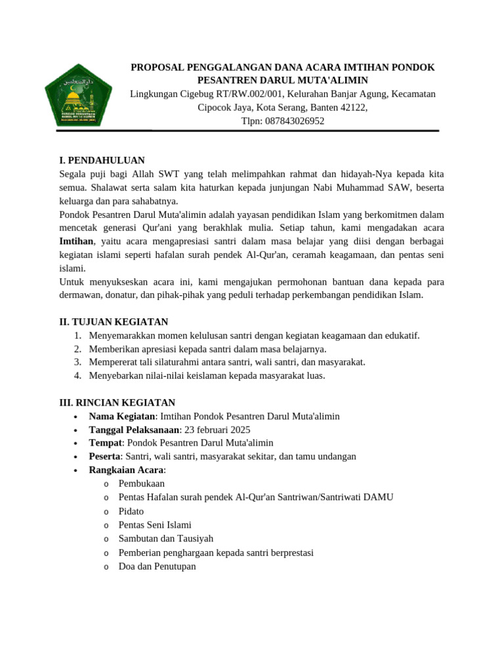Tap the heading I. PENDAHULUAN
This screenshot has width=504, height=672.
pos(102,160)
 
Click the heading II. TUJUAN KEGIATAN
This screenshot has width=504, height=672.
pos(114,322)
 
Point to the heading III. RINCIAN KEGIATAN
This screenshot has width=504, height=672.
pos(117,402)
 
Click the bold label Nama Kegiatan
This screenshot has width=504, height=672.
pos(122,416)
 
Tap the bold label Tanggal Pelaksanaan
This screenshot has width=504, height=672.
pos(134,430)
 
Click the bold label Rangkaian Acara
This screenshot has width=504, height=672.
pos(127,470)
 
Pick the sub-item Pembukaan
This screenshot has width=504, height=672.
pos(142,484)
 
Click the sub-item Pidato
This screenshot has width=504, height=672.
pos(131,511)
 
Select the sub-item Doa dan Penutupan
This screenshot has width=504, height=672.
pos(157,566)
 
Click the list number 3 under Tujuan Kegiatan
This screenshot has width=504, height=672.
pos(77,362)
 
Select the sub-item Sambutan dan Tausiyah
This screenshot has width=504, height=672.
pos(166,539)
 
